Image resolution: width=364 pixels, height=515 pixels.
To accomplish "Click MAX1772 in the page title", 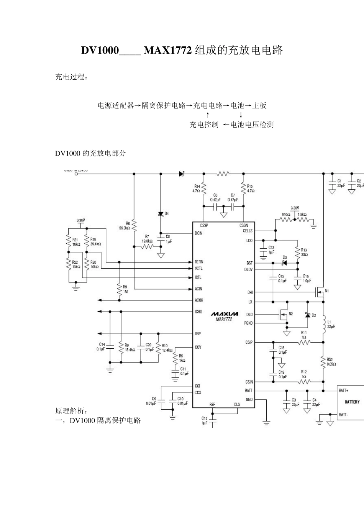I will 167,50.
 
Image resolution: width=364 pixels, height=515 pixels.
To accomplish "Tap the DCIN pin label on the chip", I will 198,233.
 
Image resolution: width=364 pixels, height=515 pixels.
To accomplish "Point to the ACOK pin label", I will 199,300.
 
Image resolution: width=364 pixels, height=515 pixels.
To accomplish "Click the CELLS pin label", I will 248,231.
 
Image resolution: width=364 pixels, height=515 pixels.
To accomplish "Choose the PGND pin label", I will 248,323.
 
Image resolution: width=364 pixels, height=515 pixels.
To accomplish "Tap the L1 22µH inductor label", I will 331,324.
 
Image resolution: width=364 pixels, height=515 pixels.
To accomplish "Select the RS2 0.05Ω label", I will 331,362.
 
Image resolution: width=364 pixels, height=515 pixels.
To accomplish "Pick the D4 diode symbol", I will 161,214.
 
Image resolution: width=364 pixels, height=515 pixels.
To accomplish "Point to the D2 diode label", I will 313,315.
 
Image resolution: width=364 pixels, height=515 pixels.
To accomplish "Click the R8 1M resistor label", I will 125,289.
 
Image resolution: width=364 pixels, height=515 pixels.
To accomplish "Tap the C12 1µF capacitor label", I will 204,420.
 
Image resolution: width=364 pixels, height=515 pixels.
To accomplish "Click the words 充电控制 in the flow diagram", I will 204,125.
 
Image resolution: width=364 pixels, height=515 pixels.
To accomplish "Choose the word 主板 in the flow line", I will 259,105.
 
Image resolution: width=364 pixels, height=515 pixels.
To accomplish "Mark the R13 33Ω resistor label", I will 304,252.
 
